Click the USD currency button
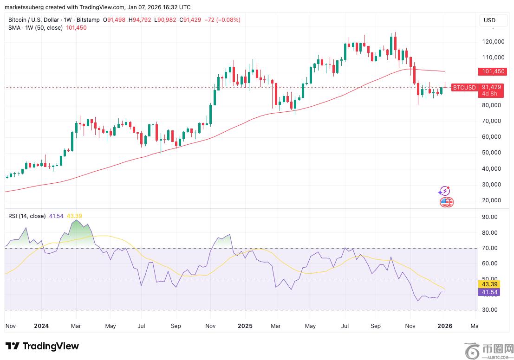[x=489, y=20]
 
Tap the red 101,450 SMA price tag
[x=493, y=71]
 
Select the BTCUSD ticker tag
[x=464, y=88]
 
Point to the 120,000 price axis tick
[x=493, y=42]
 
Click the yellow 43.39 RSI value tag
[x=489, y=284]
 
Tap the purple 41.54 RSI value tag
[x=489, y=292]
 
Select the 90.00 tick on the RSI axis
[x=490, y=217]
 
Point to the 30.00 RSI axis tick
[x=490, y=309]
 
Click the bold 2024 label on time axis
[x=41, y=326]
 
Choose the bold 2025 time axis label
[x=245, y=326]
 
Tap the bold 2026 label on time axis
[x=445, y=326]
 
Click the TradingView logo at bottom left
[x=42, y=346]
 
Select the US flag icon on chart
[x=446, y=202]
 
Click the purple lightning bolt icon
[x=444, y=191]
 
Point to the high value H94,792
[x=140, y=19]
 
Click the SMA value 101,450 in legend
[x=76, y=28]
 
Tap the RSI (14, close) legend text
[x=27, y=216]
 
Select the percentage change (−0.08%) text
[x=228, y=19]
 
